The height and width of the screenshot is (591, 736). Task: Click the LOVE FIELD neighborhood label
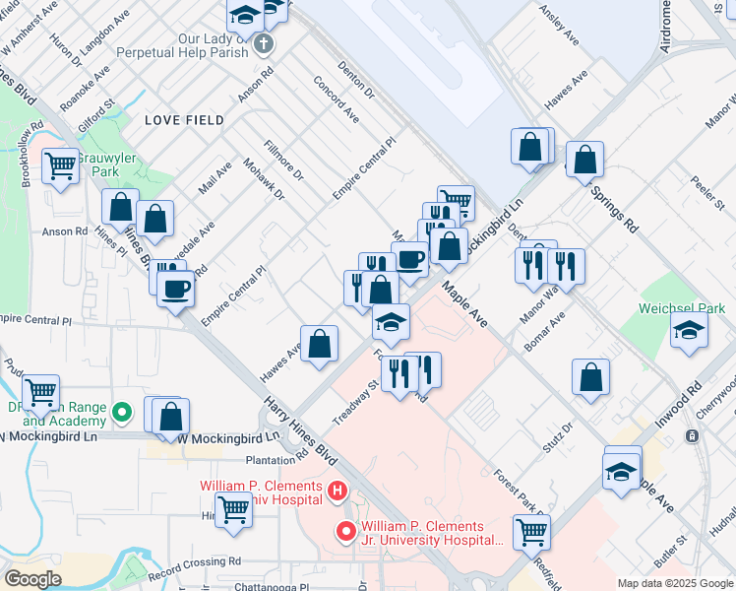coord(184,120)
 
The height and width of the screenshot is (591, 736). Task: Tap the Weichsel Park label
coord(681,308)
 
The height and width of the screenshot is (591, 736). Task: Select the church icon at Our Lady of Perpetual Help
coord(263,43)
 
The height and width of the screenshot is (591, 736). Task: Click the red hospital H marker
coord(337,490)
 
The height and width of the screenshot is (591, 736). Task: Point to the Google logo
coord(32,579)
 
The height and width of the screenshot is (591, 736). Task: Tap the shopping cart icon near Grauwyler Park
coord(60,165)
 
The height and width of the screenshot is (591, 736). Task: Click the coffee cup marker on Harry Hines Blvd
coord(176,290)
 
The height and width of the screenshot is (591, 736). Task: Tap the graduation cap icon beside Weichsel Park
coord(689,331)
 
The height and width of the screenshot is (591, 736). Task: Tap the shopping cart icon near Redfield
coord(531,532)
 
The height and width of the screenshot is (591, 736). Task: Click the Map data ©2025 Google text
coord(674,583)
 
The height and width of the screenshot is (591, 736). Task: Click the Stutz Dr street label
coord(554,434)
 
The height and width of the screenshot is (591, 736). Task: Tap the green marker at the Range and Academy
coord(122,412)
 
